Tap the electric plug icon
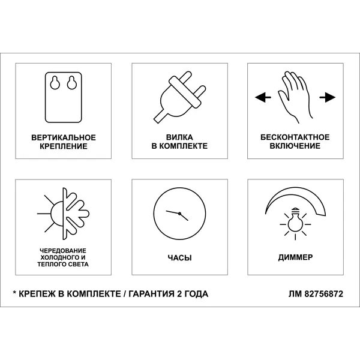pos(179,97)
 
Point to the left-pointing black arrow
pos(263,97)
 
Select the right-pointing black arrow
pos(328,97)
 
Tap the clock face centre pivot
pos(179,214)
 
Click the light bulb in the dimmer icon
pos(295,220)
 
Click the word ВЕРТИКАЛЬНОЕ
pos(64,137)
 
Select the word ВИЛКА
pos(179,137)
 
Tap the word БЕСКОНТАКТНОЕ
pos(295,137)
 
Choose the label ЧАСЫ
pos(179,258)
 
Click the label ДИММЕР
pos(295,257)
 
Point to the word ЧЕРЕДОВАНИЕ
pos(63,250)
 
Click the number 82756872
pos(324,294)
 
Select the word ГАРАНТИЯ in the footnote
pos(152,294)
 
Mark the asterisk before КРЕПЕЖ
pos(14,293)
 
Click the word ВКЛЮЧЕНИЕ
pos(295,146)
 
